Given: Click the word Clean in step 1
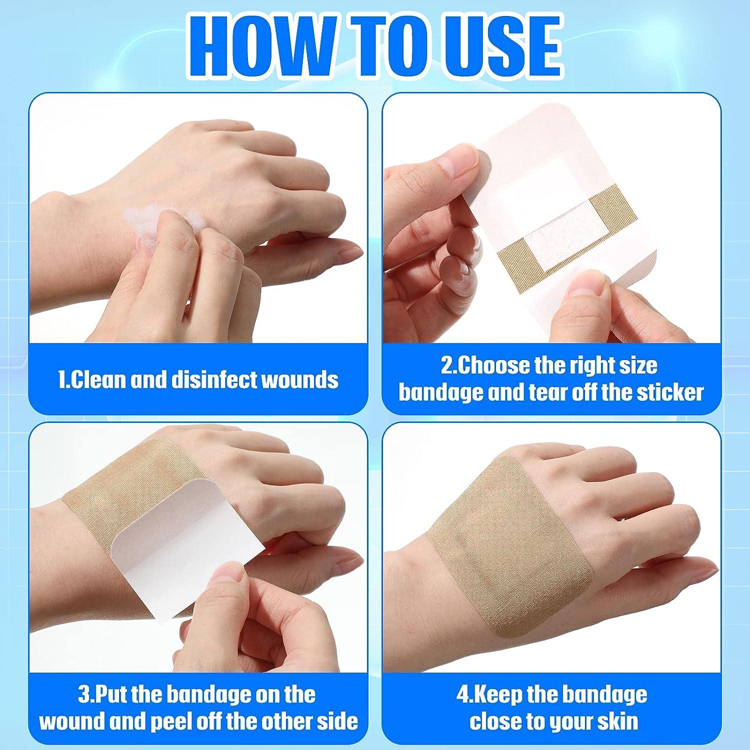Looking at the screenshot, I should [x=97, y=380].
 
